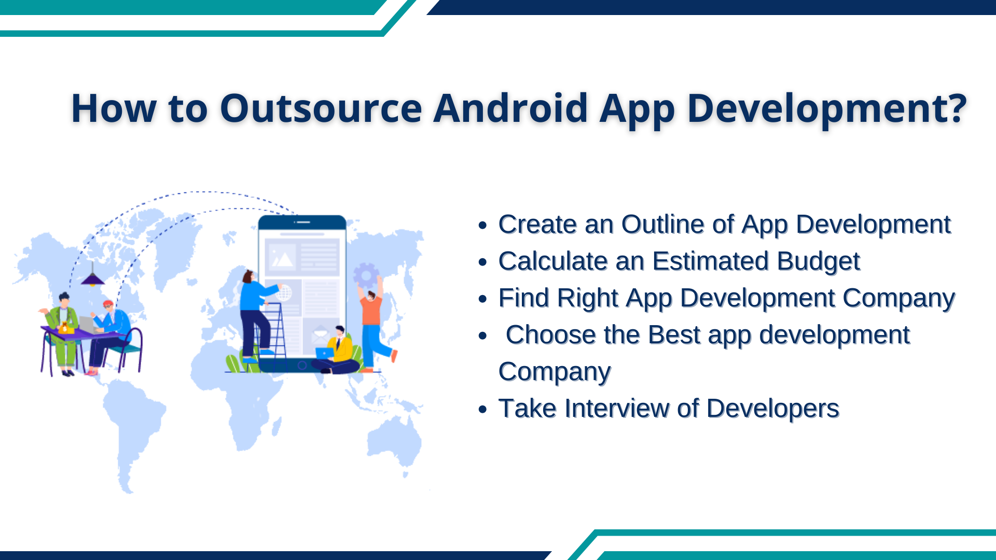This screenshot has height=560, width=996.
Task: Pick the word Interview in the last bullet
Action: [x=617, y=409]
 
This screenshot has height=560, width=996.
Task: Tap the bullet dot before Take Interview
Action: [x=483, y=410]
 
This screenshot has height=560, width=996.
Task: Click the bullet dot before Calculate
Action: [x=483, y=262]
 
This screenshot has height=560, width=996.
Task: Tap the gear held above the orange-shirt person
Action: [x=366, y=275]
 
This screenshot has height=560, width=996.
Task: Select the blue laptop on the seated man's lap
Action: [x=325, y=353]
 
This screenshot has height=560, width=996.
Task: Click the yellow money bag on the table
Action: [x=65, y=327]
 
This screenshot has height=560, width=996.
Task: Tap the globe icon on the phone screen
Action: [x=284, y=293]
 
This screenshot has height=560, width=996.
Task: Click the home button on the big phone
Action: [x=302, y=366]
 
